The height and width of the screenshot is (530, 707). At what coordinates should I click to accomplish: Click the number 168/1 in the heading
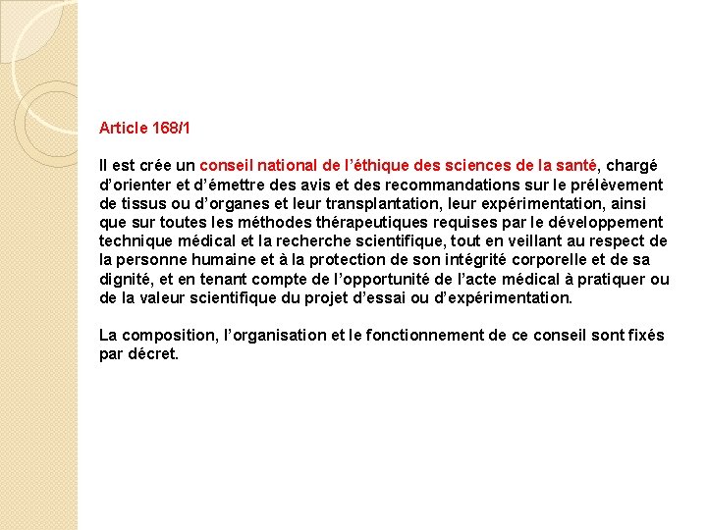pyautogui.click(x=173, y=129)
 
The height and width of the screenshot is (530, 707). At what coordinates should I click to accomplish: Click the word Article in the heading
pyautogui.click(x=124, y=129)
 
